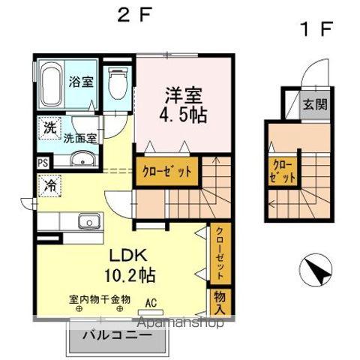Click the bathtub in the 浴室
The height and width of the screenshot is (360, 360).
51,84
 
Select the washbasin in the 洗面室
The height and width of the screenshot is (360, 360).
82,158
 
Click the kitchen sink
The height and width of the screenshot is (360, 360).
89,221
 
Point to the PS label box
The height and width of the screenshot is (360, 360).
43,163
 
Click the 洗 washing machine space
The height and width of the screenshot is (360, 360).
49,128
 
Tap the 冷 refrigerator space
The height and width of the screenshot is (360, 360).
49,186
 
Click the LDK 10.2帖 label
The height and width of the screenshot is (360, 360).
129,265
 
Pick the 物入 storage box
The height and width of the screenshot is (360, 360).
220,302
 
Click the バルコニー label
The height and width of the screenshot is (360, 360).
117,334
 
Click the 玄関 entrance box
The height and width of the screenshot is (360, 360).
314,104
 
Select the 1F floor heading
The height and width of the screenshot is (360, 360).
317,29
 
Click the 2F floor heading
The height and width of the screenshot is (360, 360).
134,14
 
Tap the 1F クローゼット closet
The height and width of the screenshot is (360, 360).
283,172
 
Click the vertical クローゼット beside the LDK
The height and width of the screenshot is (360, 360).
220,253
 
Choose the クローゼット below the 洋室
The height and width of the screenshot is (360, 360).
167,172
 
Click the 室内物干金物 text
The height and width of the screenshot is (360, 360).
100,299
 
